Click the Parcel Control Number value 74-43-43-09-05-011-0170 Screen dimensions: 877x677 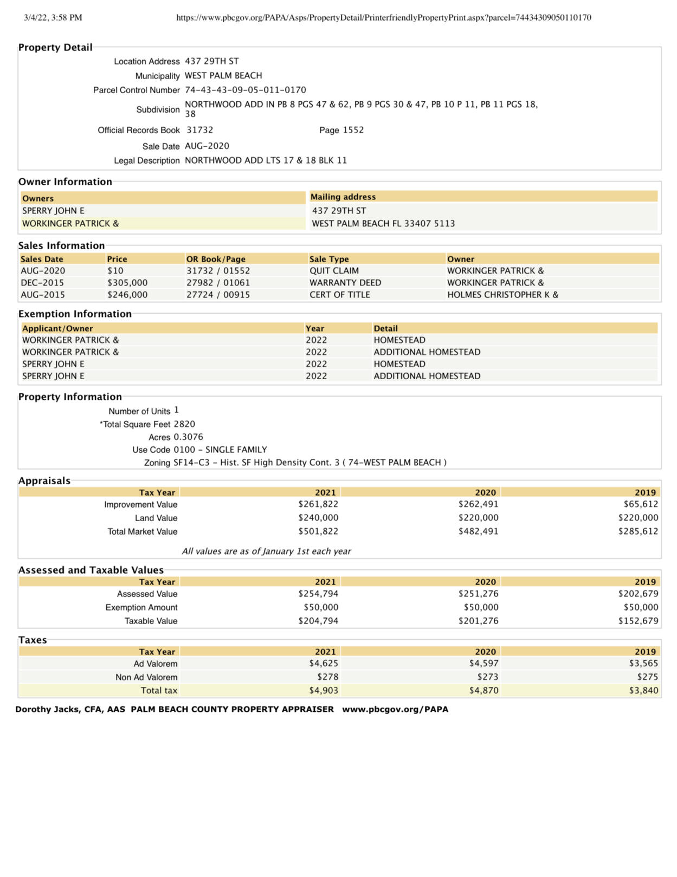(245, 90)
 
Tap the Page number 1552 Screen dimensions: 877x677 (353, 130)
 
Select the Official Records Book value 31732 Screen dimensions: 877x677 (200, 130)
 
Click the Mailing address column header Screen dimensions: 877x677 (343, 197)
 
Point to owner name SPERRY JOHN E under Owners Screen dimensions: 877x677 (53, 211)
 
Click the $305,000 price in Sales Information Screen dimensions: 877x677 (127, 283)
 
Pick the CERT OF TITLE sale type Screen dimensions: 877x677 (339, 295)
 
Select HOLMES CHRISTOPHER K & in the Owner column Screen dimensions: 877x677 (502, 295)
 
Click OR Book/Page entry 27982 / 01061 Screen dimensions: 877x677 (218, 283)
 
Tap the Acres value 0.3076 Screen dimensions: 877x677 (188, 437)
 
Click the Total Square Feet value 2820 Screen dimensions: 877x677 (184, 424)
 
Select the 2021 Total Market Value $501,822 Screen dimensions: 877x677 (318, 531)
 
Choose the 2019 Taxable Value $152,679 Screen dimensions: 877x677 (638, 621)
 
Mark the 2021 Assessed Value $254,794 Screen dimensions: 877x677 (318, 594)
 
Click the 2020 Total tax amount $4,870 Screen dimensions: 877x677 (483, 691)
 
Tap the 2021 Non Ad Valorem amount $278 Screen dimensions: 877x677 (327, 677)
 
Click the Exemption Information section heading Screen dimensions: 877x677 (75, 314)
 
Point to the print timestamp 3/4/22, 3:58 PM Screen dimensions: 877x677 (53, 17)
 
